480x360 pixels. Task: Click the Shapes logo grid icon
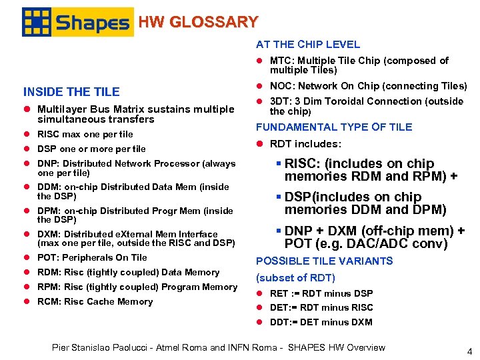(37, 22)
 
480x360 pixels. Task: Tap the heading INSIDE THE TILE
(71, 92)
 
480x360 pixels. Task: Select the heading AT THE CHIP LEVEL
(308, 45)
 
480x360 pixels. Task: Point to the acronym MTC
(280, 61)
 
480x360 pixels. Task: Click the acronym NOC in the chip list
(281, 86)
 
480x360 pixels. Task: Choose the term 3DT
(279, 101)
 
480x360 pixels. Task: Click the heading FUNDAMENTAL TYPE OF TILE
(334, 127)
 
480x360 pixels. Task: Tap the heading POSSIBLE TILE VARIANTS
(325, 261)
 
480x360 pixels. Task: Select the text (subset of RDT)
(295, 277)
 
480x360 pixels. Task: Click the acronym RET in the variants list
(279, 293)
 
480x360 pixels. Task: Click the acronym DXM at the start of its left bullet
(48, 234)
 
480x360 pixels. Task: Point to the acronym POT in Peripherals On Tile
(47, 258)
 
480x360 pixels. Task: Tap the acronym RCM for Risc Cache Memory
(49, 302)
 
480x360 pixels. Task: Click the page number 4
(469, 351)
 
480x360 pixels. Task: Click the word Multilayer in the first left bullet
(62, 109)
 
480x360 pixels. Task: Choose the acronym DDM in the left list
(49, 187)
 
